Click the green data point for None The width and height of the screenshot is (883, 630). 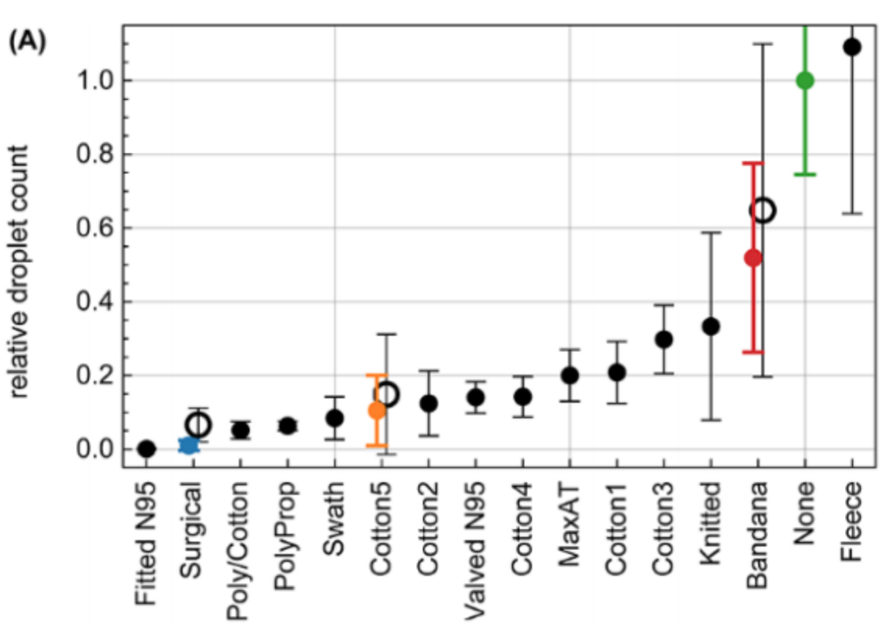(x=804, y=80)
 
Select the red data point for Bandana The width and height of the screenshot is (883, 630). (x=752, y=258)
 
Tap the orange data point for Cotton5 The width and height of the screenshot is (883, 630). (x=376, y=410)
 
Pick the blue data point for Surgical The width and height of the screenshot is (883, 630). (x=188, y=445)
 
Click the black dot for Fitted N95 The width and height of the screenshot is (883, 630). (x=147, y=449)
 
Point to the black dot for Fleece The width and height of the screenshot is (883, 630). (x=852, y=47)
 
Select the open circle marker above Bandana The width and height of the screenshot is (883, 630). (x=763, y=210)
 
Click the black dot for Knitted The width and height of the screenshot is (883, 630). (x=711, y=326)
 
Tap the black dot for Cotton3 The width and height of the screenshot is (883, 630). (x=664, y=339)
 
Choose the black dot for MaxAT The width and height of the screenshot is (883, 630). (x=570, y=376)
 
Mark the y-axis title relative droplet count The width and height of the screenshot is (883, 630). (x=19, y=265)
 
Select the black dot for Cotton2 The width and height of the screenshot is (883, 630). (x=428, y=404)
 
